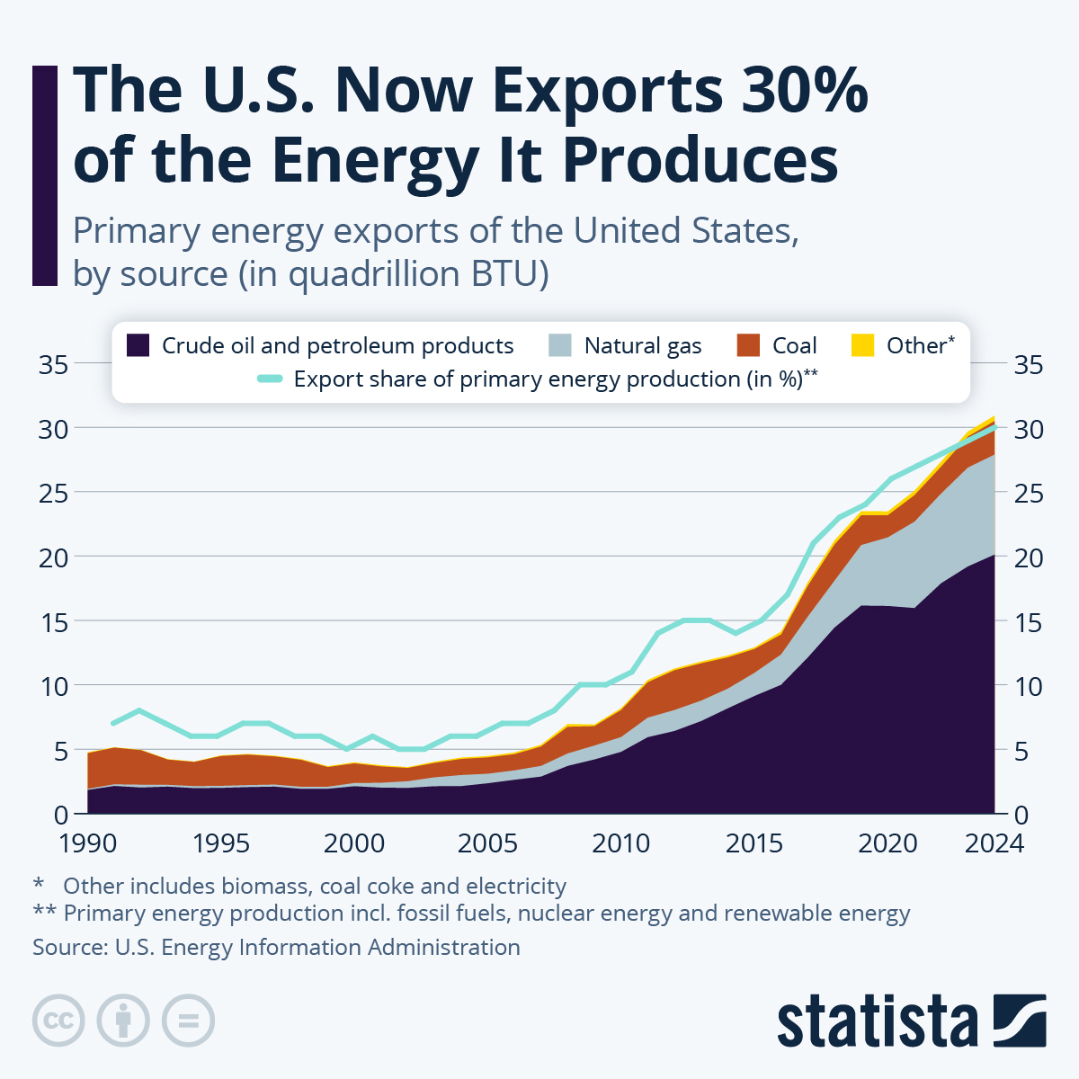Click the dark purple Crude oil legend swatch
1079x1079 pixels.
[x=138, y=345]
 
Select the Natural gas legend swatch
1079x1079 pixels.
[x=559, y=345]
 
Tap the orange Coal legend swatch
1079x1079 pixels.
[x=748, y=345]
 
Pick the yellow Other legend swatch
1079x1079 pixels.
[x=862, y=345]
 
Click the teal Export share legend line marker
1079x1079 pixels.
[x=269, y=379]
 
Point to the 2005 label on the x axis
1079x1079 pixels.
[x=487, y=843]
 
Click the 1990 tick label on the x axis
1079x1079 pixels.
[x=88, y=843]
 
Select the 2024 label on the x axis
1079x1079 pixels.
[x=994, y=843]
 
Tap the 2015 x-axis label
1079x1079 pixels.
[x=754, y=843]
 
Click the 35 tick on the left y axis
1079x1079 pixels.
[x=53, y=365]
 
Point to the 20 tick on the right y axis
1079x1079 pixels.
[x=1029, y=557]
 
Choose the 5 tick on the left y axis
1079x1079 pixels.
[x=60, y=751]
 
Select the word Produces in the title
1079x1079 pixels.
[x=700, y=160]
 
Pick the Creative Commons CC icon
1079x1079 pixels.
[x=58, y=1021]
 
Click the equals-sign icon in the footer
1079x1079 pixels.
[x=188, y=1021]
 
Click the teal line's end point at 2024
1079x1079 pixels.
[x=994, y=428]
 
